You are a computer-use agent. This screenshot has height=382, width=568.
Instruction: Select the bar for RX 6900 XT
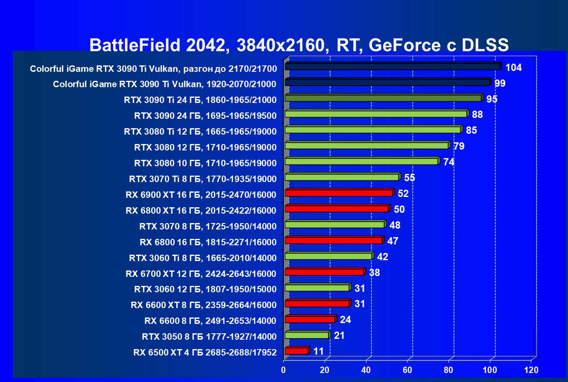[x=339, y=193]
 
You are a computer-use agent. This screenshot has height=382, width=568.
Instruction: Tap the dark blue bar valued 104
[x=392, y=67]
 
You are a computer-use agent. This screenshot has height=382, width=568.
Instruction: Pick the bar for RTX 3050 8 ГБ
[x=307, y=335]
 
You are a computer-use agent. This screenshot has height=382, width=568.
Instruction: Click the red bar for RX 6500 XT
[x=296, y=351]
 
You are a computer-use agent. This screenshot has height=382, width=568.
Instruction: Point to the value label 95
[x=492, y=99]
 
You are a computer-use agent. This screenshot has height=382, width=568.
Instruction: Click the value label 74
[x=448, y=162]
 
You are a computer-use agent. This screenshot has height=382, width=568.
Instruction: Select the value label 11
[x=318, y=351]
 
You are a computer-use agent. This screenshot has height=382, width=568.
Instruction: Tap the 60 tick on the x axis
[x=407, y=370]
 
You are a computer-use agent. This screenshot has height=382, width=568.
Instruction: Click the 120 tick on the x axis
[x=531, y=370]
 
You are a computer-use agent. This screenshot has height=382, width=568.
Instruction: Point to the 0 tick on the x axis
[x=284, y=370]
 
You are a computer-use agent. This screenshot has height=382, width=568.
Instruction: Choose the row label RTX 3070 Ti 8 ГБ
[x=202, y=179]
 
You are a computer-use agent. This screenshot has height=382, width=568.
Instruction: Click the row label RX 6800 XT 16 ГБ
[x=201, y=210]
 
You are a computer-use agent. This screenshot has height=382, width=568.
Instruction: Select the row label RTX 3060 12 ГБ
[x=205, y=289]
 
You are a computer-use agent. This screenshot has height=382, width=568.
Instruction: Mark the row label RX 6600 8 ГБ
[x=210, y=320]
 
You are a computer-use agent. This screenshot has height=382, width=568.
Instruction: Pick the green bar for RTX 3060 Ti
[x=328, y=256]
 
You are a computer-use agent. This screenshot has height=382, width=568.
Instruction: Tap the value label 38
[x=374, y=273]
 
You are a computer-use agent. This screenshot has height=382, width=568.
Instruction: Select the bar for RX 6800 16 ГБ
[x=333, y=241]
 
